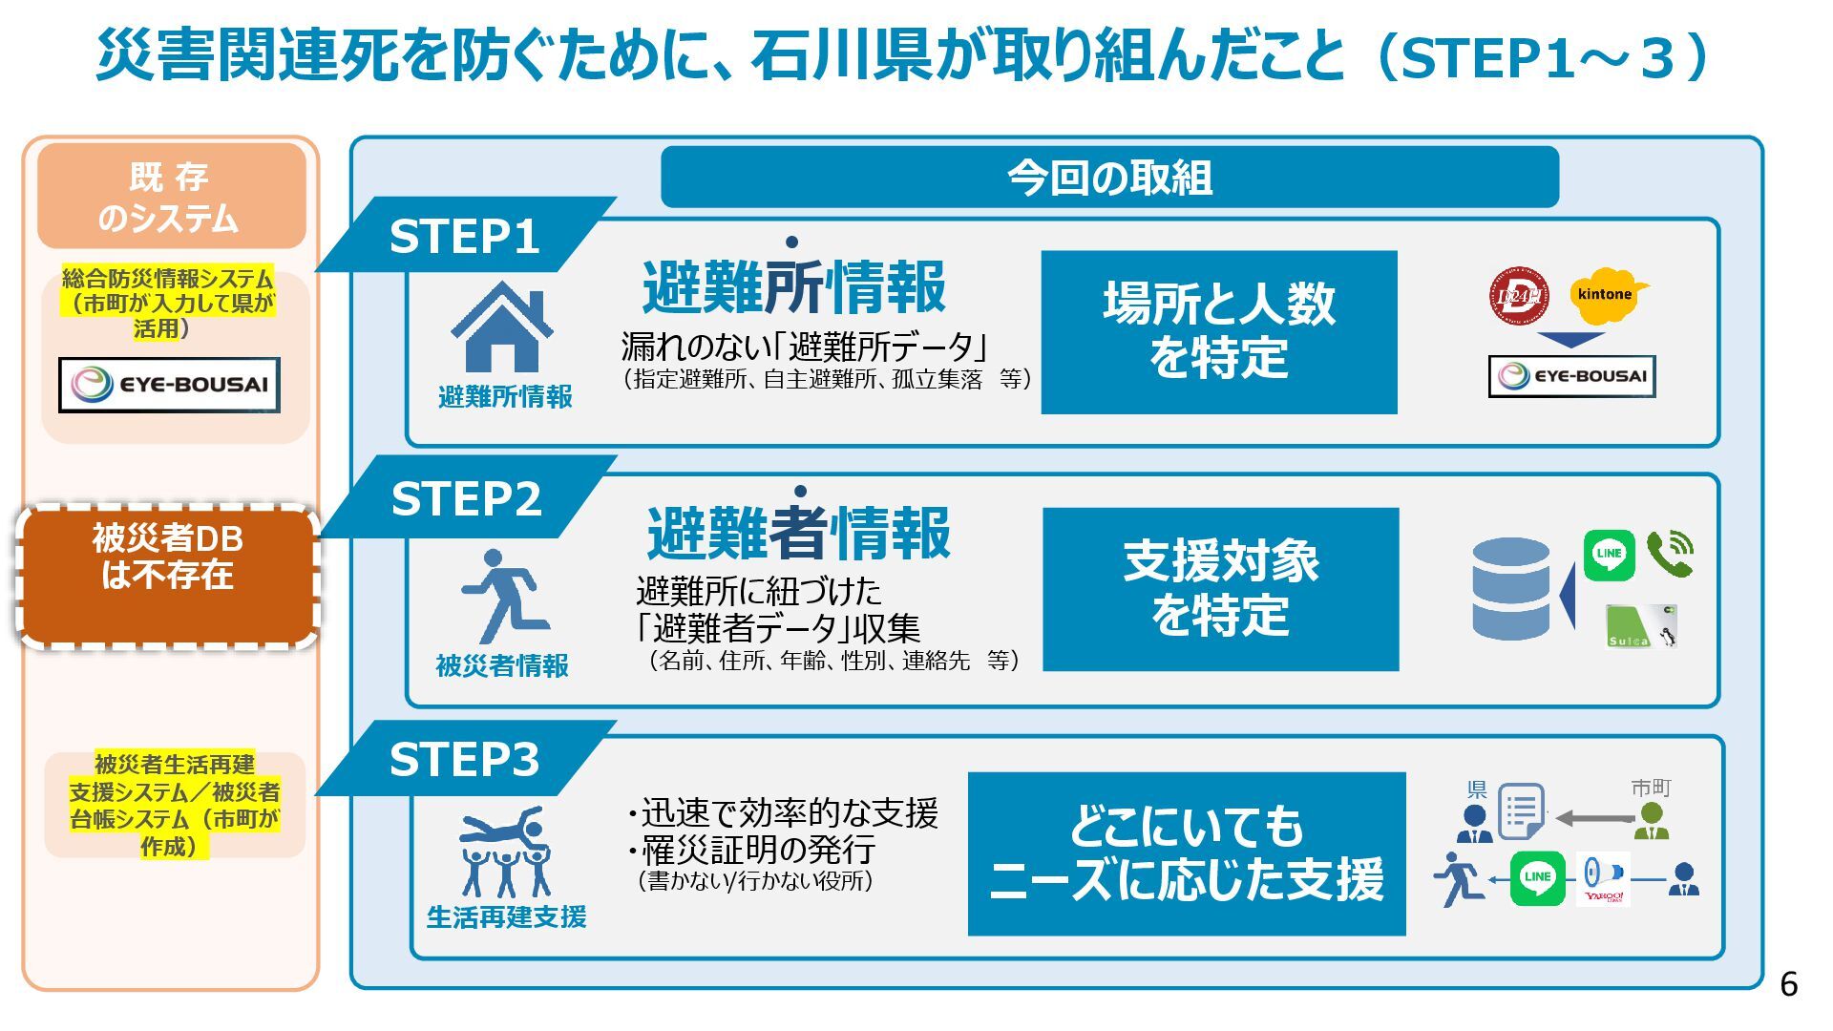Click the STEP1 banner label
(464, 237)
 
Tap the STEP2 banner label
(466, 498)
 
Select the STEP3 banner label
(464, 760)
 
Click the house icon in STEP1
(502, 327)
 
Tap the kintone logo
(1608, 295)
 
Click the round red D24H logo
(1518, 296)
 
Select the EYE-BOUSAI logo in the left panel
(169, 385)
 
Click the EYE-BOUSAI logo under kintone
(1571, 376)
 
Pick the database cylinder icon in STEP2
(1510, 588)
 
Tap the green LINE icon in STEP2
(1609, 555)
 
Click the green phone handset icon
(1669, 555)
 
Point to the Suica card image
(1640, 626)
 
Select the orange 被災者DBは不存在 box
(168, 577)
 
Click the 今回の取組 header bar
(1109, 178)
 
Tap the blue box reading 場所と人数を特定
(1218, 332)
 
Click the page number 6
(1788, 984)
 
